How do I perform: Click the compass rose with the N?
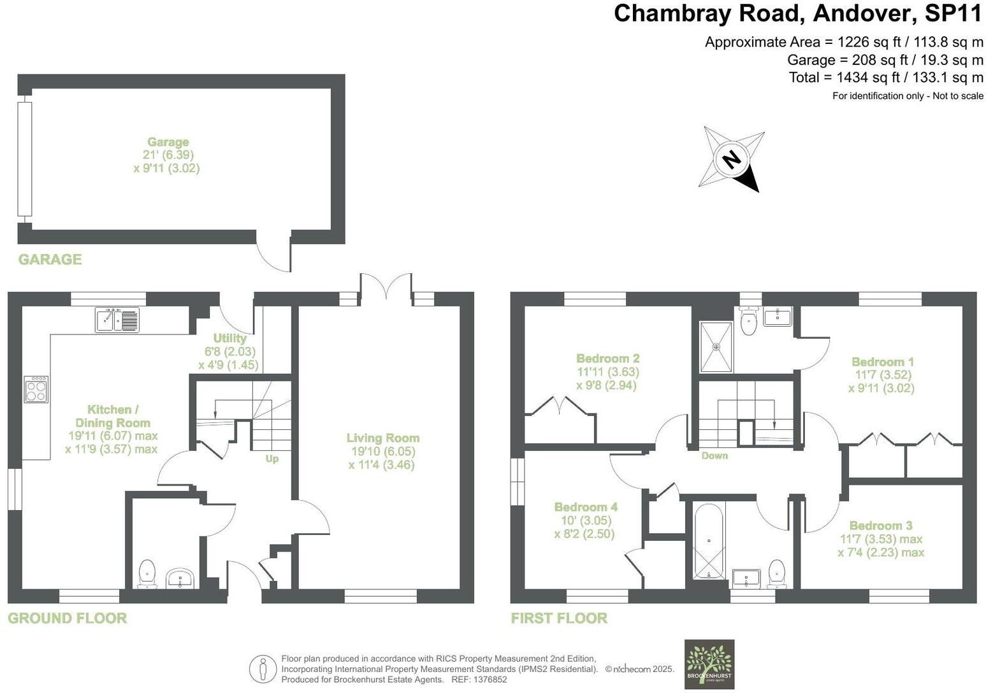[732, 159]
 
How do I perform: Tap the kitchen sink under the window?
[117, 319]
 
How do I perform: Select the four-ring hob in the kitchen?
[36, 389]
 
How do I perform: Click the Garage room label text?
[168, 142]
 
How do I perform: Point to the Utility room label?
[229, 338]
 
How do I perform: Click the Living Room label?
[382, 438]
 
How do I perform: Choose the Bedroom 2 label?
[607, 358]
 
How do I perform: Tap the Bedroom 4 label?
[585, 507]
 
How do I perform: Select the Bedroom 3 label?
[881, 525]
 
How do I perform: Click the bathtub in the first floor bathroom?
[709, 541]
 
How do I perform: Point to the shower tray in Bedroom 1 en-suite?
[716, 347]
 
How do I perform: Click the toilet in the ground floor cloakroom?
[147, 573]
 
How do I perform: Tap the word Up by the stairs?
[272, 459]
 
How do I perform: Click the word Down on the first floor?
[714, 455]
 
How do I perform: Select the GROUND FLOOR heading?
[67, 618]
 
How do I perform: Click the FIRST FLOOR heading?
[559, 618]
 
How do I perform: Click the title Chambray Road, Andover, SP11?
[798, 13]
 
